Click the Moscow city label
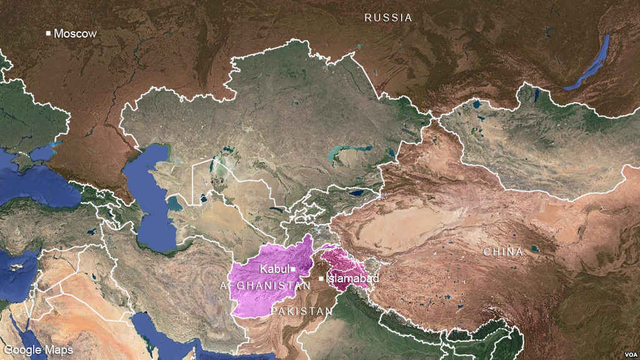(75, 33)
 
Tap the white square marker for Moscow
(48, 33)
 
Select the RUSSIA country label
(389, 18)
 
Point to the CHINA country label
(503, 252)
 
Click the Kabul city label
(275, 269)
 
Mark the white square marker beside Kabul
(293, 269)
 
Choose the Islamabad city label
(352, 278)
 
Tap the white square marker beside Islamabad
(322, 278)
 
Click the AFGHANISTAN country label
(265, 285)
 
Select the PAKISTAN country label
(302, 311)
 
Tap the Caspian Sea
(150, 200)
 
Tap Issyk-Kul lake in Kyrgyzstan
(359, 193)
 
